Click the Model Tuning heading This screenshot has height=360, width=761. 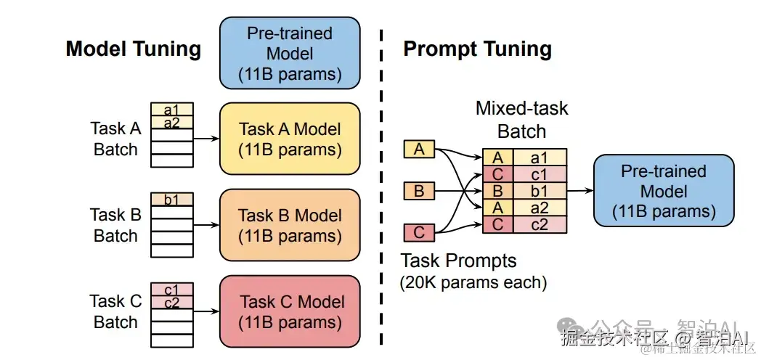click(133, 49)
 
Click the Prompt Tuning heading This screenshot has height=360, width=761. click(477, 49)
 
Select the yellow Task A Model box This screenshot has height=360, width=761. click(290, 139)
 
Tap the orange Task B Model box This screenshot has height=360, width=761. click(290, 225)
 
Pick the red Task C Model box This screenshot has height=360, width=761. click(290, 311)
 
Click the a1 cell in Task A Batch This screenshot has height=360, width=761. click(172, 110)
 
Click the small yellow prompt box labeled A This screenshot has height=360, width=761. click(419, 150)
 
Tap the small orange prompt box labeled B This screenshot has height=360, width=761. click(419, 192)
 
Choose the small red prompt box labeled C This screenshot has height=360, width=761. click(419, 233)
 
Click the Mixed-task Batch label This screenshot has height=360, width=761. click(521, 120)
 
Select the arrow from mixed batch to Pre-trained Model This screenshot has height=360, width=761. click(579, 192)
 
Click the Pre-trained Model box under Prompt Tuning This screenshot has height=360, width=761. click(664, 192)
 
